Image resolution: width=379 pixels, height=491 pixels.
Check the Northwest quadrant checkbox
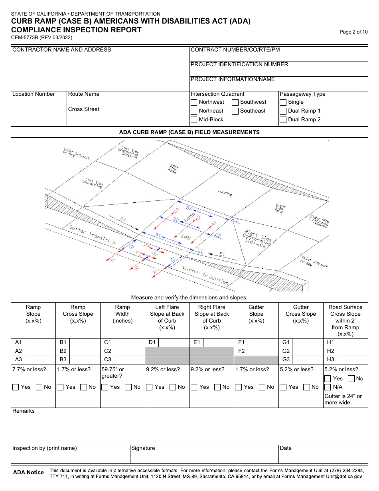point(194,102)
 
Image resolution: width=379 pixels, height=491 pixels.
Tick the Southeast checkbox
point(235,111)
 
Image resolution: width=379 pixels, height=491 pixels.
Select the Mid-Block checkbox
point(194,120)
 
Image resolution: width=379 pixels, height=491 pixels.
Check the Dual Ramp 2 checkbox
point(283,120)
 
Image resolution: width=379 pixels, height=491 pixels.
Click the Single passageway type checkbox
point(283,102)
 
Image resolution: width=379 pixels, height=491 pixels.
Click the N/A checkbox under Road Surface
point(328,387)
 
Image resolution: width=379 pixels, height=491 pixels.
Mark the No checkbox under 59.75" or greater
point(128,387)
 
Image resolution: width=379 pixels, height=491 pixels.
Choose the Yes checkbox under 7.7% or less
point(16,387)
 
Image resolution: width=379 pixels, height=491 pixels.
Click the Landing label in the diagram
point(225,193)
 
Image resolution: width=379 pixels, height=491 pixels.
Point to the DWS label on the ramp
point(186,237)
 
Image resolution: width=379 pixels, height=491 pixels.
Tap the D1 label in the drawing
point(123,219)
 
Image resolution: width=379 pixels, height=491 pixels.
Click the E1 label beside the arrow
point(222,254)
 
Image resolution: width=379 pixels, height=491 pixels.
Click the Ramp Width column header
point(122,314)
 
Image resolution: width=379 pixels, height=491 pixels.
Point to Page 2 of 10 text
point(353,32)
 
